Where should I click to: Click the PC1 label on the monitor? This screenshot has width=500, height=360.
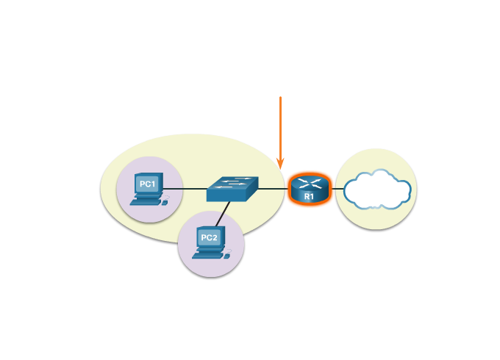[148, 184]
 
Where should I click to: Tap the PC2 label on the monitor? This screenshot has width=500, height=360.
[210, 237]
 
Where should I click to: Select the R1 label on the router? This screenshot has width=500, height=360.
[309, 197]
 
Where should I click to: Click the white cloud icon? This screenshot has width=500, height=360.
[376, 190]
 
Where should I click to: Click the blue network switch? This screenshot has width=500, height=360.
[232, 189]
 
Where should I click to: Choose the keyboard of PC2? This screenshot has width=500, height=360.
[207, 255]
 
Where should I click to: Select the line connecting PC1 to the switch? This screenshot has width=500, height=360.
[184, 189]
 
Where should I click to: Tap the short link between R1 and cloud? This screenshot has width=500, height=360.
[339, 189]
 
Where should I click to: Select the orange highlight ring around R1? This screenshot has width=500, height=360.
[288, 189]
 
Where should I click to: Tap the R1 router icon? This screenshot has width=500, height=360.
[310, 189]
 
